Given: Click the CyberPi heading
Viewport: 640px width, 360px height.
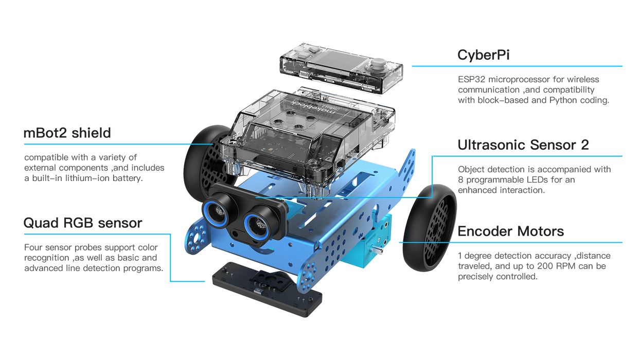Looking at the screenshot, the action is pyautogui.click(x=483, y=55).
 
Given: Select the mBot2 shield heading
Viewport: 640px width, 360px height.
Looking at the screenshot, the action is pyautogui.click(x=67, y=133).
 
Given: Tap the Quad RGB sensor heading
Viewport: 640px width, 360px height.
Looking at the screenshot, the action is pyautogui.click(x=83, y=223).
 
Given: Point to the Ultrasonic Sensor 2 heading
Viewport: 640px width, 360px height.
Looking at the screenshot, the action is pyautogui.click(x=523, y=145).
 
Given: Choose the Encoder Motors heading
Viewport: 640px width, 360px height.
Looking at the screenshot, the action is pyautogui.click(x=511, y=231).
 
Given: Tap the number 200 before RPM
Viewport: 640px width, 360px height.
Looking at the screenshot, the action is pyautogui.click(x=545, y=266).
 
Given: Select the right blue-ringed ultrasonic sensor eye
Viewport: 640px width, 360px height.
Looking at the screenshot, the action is pyautogui.click(x=257, y=226).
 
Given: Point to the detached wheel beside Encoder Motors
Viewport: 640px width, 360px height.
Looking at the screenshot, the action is pyautogui.click(x=430, y=228).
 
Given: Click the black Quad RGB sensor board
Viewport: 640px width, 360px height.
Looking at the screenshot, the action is pyautogui.click(x=266, y=289).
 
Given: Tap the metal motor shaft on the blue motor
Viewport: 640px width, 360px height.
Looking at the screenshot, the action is pyautogui.click(x=378, y=250).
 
